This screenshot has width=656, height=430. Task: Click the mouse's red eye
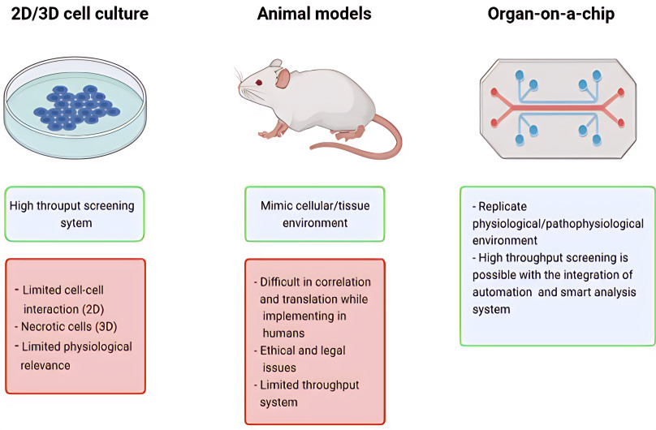(x=260, y=82)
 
